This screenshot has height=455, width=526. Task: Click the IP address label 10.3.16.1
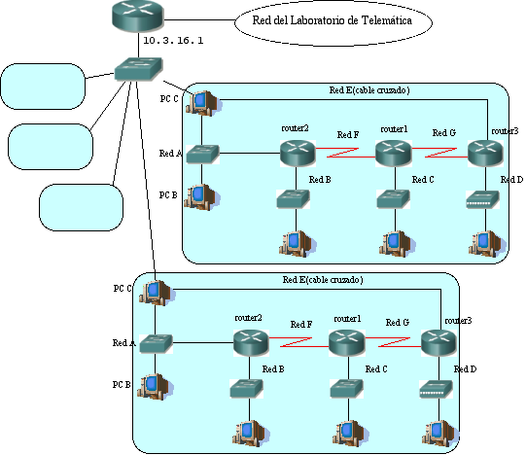tap(173, 41)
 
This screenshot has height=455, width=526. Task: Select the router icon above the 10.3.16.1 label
tap(137, 17)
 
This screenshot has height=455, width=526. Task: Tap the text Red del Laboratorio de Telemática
tap(333, 20)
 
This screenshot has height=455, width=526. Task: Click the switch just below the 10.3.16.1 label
tap(138, 69)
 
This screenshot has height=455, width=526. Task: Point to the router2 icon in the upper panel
tap(298, 154)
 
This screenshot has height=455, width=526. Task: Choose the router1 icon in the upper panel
tap(394, 154)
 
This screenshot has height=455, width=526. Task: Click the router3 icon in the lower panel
tap(438, 343)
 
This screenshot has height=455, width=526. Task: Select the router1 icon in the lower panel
tap(347, 343)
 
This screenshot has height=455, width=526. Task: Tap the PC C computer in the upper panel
tap(203, 103)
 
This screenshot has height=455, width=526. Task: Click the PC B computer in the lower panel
tap(155, 387)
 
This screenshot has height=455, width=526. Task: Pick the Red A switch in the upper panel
tap(202, 154)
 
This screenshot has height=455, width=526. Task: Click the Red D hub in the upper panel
tap(482, 199)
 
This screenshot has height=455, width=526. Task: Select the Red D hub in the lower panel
tap(436, 389)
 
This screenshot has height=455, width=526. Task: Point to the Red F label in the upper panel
tap(348, 135)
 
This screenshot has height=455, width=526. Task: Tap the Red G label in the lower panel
tap(398, 323)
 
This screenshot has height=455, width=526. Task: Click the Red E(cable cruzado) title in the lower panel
tap(323, 280)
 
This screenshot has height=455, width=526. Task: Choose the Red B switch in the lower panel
tap(247, 389)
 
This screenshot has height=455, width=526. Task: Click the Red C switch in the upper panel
tap(393, 199)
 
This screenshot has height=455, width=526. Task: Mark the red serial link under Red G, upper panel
tap(439, 153)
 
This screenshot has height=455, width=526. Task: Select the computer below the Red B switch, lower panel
tap(251, 434)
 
